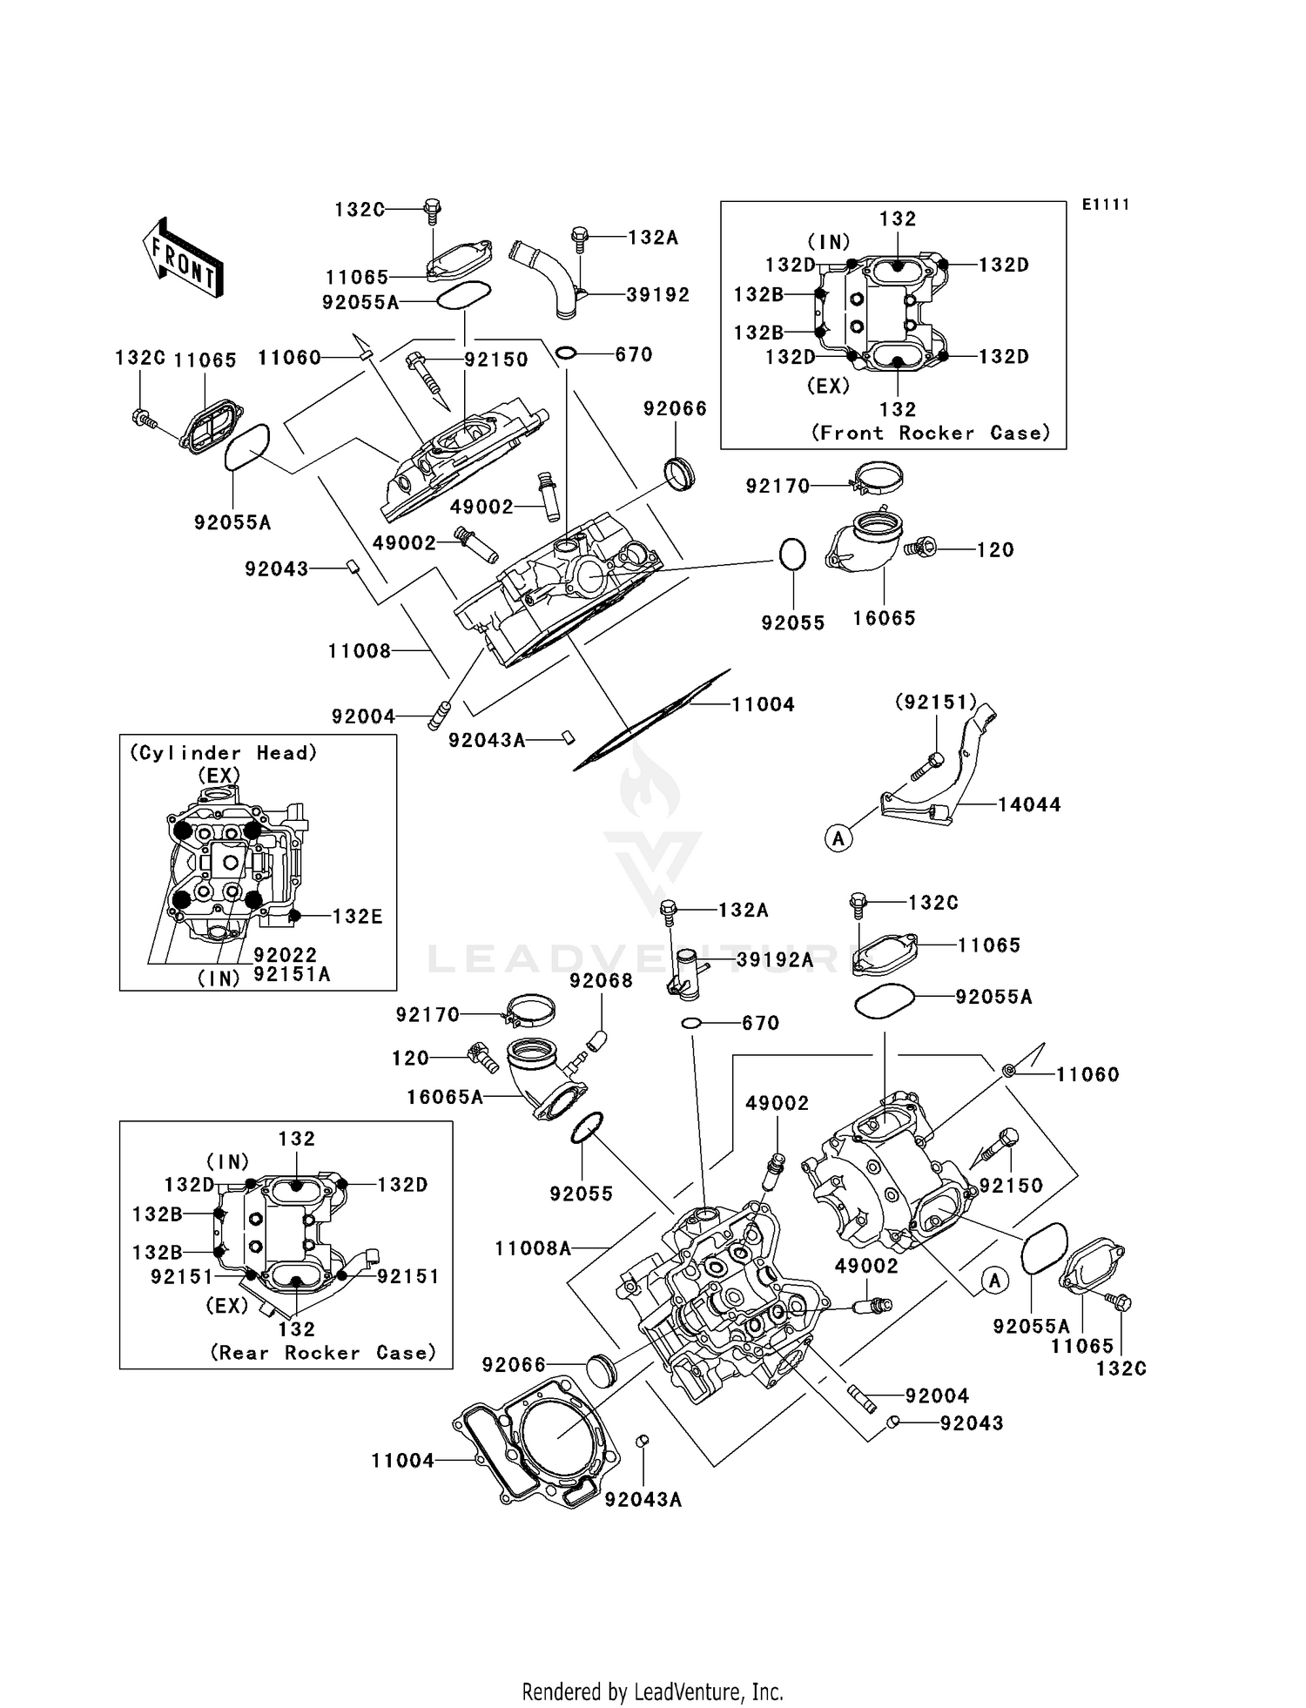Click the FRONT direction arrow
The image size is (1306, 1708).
pyautogui.click(x=182, y=258)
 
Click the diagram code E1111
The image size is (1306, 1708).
pyautogui.click(x=1106, y=205)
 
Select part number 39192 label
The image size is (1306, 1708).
pyautogui.click(x=658, y=295)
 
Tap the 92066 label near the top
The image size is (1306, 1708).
pyautogui.click(x=676, y=409)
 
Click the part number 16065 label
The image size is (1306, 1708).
pyautogui.click(x=884, y=619)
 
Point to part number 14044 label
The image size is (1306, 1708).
pyautogui.click(x=1029, y=805)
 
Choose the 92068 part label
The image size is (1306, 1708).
pyautogui.click(x=601, y=981)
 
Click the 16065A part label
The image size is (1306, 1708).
pyautogui.click(x=445, y=1098)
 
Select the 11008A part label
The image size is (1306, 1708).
pyautogui.click(x=533, y=1249)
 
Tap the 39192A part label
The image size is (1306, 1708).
pyautogui.click(x=775, y=960)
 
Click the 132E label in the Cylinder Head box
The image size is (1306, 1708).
pyautogui.click(x=357, y=917)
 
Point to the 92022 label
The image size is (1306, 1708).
pyautogui.click(x=286, y=955)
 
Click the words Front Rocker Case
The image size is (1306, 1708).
pyautogui.click(x=931, y=434)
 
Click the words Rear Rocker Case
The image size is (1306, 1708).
pyautogui.click(x=322, y=1353)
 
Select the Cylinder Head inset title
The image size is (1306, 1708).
pyautogui.click(x=223, y=753)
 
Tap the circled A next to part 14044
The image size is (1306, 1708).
pyautogui.click(x=838, y=838)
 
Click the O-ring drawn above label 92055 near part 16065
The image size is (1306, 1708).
pyautogui.click(x=792, y=555)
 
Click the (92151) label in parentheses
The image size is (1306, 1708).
pyautogui.click(x=936, y=702)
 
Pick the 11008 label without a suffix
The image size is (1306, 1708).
pyautogui.click(x=360, y=651)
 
